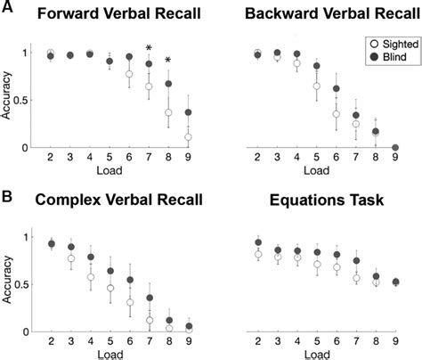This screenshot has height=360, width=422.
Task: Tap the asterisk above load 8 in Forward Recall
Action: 168,61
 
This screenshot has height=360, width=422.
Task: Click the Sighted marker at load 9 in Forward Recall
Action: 188,137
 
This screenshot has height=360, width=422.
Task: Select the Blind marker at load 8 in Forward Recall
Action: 168,85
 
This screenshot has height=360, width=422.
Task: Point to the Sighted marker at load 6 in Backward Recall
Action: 337,114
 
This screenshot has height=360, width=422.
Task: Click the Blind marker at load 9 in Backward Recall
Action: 395,148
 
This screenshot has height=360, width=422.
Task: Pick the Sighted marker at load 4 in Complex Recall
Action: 90,277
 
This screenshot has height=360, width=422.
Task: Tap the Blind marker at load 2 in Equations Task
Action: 258,242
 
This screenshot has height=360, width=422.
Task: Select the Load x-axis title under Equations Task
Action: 326,354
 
